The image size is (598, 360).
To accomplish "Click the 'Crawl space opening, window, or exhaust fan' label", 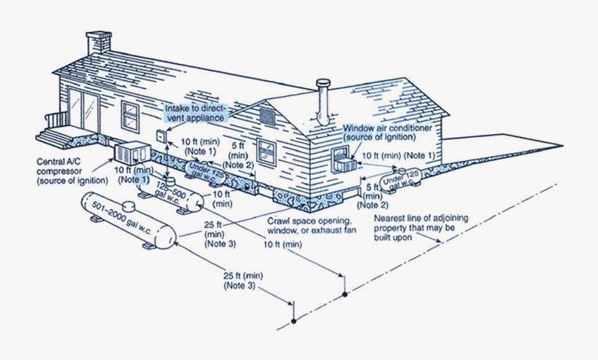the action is coord(309,224).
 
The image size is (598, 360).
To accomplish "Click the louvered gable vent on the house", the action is coord(267,115).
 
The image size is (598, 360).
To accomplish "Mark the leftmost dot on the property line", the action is coord(292,320).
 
